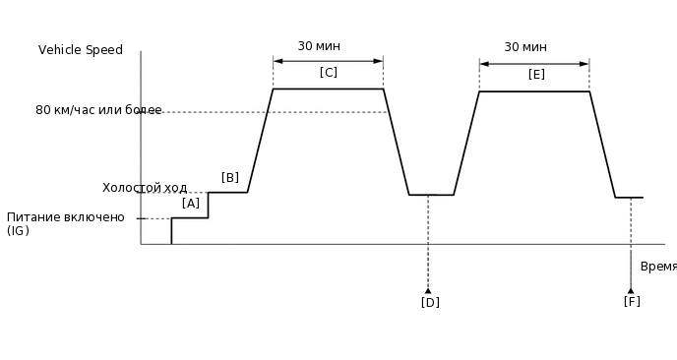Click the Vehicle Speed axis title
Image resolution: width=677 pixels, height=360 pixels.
pos(81,50)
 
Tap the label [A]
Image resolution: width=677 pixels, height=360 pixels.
pos(191,203)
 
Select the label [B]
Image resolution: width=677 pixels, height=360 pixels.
pos(230,178)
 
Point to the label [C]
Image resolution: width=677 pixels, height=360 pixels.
pos(329,72)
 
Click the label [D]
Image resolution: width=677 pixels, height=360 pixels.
pos(430,302)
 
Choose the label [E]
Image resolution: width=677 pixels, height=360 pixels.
pos(536,74)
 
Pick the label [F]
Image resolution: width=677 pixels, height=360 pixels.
pos(632,301)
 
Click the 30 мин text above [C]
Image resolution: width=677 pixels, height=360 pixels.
pos(319,46)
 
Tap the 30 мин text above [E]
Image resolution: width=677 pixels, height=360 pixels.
pos(525,47)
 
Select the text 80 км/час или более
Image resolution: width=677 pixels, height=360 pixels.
pos(98,110)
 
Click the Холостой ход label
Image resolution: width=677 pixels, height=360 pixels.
pos(145,188)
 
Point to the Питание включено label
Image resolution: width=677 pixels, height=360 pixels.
pos(66,217)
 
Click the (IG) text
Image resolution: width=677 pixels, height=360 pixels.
pos(18,231)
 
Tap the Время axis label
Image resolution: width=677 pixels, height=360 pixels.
pos(657,267)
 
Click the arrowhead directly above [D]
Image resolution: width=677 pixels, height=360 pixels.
pos(428,290)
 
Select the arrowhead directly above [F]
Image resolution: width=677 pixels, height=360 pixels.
pos(631,290)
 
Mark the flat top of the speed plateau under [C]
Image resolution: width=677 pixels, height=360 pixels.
pos(328,89)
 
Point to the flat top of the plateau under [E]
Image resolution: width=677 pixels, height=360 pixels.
pos(534,91)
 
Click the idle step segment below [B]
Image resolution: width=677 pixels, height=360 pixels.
pos(228,192)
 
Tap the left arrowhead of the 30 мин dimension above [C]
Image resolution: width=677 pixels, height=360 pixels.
pos(277,61)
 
